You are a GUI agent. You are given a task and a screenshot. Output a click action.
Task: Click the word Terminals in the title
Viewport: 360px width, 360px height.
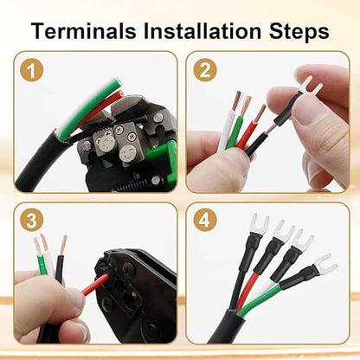click(x=84, y=31)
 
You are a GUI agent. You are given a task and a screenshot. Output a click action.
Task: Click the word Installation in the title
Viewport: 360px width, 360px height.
click(x=202, y=31)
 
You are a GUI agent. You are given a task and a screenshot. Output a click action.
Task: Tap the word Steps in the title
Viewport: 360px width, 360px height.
click(x=299, y=32)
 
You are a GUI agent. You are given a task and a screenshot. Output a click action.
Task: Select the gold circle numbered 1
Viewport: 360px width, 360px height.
click(x=32, y=70)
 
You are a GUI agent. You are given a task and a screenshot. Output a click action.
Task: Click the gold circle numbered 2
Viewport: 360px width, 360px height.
click(x=205, y=70)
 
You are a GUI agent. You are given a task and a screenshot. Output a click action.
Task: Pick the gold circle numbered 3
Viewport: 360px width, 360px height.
click(x=32, y=221)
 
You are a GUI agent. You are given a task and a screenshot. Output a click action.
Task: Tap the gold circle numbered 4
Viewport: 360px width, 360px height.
click(x=205, y=221)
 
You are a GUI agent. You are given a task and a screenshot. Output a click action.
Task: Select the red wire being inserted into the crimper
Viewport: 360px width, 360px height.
click(x=96, y=285)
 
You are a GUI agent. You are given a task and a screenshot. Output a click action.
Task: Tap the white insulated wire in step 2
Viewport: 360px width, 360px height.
click(x=227, y=128)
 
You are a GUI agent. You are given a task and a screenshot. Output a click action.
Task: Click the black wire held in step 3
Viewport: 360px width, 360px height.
click(x=60, y=268)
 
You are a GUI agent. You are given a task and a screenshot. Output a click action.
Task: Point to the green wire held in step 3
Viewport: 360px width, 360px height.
click(x=42, y=265)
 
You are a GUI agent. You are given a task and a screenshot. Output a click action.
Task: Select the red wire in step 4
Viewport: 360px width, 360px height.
click(x=245, y=292)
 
